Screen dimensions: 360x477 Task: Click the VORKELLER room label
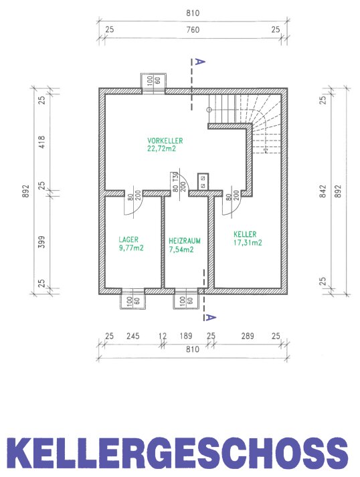[x=165, y=141]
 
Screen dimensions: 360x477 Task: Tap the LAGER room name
[x=128, y=240]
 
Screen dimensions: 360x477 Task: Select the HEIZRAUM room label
[x=185, y=241]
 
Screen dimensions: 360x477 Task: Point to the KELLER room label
[x=245, y=234]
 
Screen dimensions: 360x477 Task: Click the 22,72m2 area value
[x=161, y=149]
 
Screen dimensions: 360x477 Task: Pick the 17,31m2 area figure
[x=248, y=242]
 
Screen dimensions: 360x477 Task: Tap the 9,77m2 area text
[x=131, y=248]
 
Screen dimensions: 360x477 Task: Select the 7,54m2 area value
[x=181, y=250]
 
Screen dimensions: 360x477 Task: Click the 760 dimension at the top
[x=193, y=30]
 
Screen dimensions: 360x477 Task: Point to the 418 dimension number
[x=41, y=142]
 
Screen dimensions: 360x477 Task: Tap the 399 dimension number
[x=41, y=242]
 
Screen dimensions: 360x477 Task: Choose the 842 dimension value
[x=323, y=191]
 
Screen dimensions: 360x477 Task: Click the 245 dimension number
[x=133, y=336]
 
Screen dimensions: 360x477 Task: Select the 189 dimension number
[x=186, y=336]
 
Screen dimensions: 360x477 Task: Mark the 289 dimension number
[x=248, y=336]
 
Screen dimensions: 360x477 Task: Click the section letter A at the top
[x=199, y=62]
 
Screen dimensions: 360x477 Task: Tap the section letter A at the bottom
[x=211, y=318]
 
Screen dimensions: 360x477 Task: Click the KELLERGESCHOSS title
[x=177, y=454]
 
